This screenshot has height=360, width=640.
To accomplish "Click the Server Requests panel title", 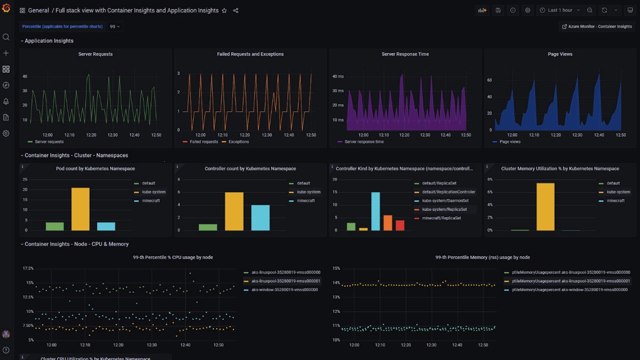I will coord(95,54).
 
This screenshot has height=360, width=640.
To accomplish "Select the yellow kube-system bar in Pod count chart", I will coord(80,209).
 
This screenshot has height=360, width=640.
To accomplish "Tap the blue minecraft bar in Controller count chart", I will coord(260,217).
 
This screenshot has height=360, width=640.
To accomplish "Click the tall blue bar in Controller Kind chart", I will coord(375,211).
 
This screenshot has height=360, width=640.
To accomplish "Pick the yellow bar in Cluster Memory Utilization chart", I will coord(545,206).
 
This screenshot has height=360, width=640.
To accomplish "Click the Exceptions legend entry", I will coord(238,142).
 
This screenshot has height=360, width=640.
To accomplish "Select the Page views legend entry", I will coord(510,142).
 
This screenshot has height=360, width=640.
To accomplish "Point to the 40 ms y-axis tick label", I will coord(338,76).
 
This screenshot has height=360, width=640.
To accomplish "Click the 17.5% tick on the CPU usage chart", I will coord(28,268).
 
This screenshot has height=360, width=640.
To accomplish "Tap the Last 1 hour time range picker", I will coord(560,10).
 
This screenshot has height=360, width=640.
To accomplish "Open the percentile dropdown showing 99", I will coord(114,26).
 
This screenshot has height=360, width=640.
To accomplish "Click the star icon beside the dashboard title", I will coord(224,10).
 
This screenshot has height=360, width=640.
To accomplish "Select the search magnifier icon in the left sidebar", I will coord(6,37).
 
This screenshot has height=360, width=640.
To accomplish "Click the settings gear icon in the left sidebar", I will coord(6,133).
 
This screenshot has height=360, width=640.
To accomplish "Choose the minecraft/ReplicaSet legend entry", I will coord(441,218).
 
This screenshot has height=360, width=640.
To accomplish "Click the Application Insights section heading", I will coord(49,41).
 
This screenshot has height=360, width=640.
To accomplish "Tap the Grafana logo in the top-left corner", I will coord(6,9).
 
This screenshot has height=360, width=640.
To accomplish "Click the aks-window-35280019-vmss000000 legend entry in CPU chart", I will coord(284,289).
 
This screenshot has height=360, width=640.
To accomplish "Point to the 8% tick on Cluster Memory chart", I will coord(490,179).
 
